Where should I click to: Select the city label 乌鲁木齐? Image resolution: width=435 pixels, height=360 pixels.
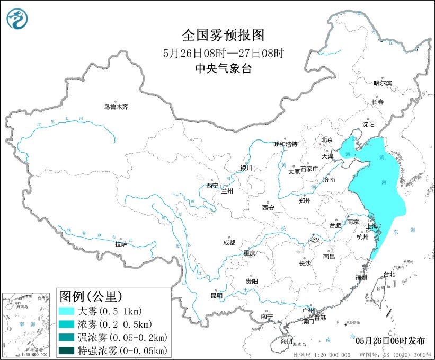[116, 107]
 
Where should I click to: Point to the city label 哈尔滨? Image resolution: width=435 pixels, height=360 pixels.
[383, 83]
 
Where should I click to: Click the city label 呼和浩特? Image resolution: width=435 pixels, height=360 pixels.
[285, 144]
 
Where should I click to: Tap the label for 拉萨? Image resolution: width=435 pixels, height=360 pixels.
[121, 244]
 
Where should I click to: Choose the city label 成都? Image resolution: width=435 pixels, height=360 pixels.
[229, 243]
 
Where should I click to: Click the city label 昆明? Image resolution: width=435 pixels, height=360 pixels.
[217, 295]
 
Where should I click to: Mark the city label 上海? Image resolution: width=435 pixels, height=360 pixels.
[372, 226]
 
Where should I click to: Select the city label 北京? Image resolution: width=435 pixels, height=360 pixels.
[326, 140]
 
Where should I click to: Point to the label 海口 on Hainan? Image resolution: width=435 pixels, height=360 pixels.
[287, 340]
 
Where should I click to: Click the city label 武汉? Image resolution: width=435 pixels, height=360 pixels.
[314, 240]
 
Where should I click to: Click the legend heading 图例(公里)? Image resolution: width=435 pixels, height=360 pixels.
[91, 295]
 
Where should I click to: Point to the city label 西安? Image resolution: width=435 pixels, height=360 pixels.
[268, 208]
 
